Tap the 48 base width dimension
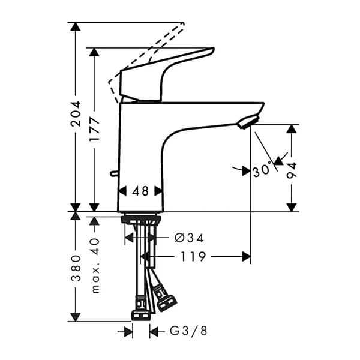pos(140,191)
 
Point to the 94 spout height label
pos(292,170)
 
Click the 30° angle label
pos(263,171)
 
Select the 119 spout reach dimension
pos(191,257)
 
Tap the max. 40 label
pos(94,263)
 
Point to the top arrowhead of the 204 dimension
pos(76,27)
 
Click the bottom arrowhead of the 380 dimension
pos(76,316)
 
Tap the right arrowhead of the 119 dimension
pos(247,257)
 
